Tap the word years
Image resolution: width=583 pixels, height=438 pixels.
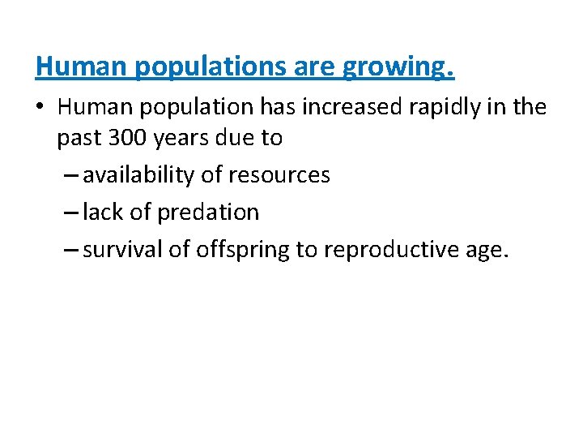coord(189,138)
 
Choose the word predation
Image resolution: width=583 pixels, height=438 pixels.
coord(208,213)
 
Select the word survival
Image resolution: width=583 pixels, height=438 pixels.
coord(122,250)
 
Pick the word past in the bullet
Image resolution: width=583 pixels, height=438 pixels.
coord(77,138)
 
